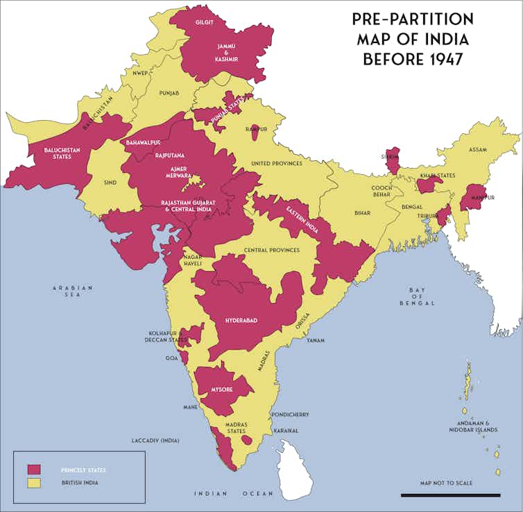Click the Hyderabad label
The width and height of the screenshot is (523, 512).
[x=241, y=320]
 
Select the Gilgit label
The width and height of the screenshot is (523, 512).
[x=204, y=22]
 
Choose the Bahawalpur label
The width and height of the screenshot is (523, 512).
[x=144, y=142]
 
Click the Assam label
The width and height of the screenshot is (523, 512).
[x=477, y=150]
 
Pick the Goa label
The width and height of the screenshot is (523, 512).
[x=171, y=359]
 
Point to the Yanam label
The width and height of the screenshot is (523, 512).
[x=316, y=341]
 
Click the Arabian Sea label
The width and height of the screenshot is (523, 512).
[x=72, y=291]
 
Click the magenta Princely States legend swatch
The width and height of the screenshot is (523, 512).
[x=34, y=470]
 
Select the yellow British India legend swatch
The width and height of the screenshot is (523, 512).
[x=34, y=482]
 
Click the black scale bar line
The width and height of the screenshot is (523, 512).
[x=450, y=495]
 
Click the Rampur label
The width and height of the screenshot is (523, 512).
[x=256, y=129]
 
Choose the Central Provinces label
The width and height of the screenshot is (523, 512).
[x=272, y=250]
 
